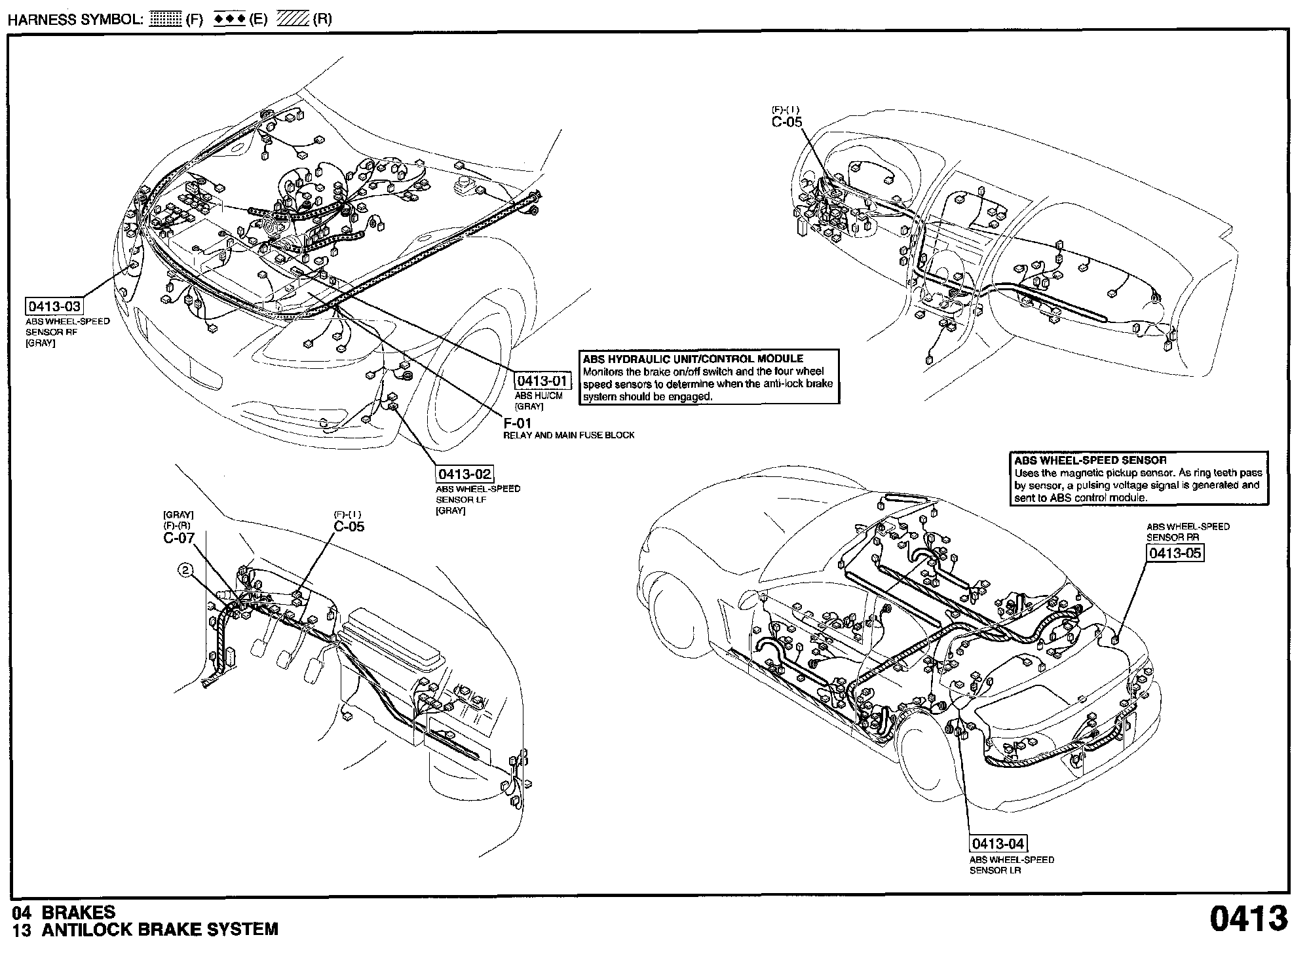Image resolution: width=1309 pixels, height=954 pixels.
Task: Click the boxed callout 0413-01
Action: click(539, 381)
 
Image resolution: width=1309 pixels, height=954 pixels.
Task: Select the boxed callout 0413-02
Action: click(465, 474)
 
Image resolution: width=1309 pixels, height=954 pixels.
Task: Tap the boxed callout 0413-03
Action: click(54, 307)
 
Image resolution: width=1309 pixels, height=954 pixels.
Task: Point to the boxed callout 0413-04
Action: click(998, 843)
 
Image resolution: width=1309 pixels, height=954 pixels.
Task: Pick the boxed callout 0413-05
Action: click(1175, 553)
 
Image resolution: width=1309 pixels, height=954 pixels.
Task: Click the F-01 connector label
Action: click(517, 423)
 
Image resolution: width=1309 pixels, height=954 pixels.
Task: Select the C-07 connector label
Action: click(179, 539)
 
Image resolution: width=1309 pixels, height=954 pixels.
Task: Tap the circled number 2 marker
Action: click(186, 571)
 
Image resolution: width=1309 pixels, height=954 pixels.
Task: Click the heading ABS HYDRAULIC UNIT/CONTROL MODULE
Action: click(693, 359)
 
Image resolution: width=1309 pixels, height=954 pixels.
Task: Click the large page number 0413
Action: click(1248, 919)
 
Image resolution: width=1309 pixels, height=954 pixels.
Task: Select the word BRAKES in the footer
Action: click(78, 912)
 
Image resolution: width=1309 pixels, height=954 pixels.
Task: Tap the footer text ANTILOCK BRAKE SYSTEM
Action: click(160, 929)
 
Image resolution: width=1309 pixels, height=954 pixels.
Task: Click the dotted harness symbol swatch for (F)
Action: click(166, 19)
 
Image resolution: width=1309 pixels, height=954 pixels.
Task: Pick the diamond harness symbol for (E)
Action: click(230, 19)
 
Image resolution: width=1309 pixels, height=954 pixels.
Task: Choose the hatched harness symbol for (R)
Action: click(293, 19)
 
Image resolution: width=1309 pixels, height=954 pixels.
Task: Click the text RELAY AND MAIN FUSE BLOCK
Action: click(569, 435)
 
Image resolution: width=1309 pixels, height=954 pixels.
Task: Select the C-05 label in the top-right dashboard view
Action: click(786, 121)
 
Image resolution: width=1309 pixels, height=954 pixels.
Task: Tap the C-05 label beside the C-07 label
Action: click(349, 526)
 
